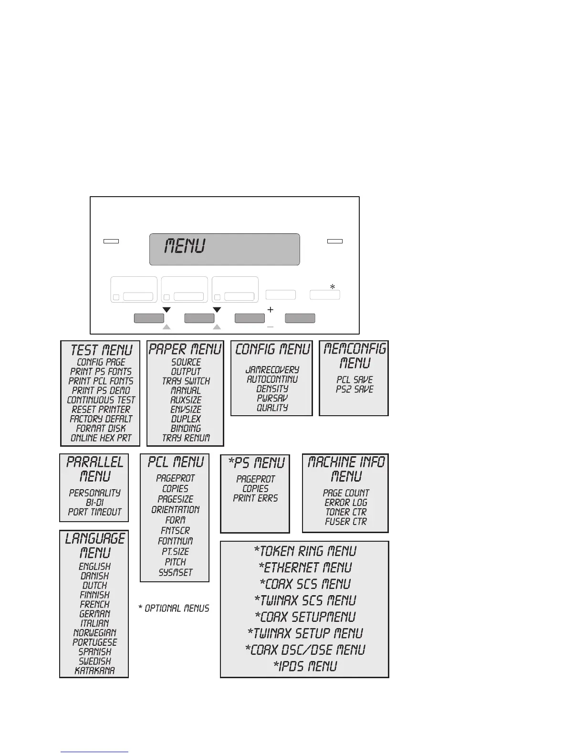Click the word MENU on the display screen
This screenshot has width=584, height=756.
185,246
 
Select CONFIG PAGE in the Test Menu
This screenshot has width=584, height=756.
101,362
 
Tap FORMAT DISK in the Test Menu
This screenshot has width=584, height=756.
101,429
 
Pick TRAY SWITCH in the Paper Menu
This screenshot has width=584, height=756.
186,381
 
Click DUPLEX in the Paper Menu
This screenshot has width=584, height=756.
186,419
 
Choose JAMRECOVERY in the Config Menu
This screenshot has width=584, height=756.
272,370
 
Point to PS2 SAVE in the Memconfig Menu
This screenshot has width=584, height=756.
354,389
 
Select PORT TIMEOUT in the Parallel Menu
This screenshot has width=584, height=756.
94,512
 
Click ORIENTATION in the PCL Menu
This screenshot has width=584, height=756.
175,510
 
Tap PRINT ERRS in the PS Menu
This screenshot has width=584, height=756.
255,498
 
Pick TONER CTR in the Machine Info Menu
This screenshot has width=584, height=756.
346,512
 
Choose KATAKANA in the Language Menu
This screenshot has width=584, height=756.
94,671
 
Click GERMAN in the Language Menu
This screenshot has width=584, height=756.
94,614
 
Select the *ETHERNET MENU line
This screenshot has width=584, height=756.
305,568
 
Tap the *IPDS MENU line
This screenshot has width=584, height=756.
305,666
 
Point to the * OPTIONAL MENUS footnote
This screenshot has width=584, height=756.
174,609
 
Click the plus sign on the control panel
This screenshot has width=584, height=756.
271,310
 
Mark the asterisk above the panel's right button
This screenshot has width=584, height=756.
333,287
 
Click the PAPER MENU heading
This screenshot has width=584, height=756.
185,349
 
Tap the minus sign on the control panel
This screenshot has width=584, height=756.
270,327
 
